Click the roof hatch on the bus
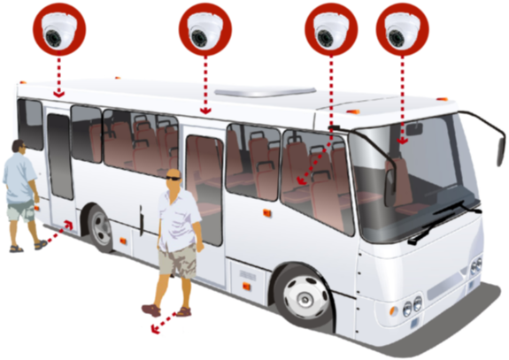(x=266, y=91)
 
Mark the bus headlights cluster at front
(x=413, y=305)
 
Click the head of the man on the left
(x=17, y=146)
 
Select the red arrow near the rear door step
(x=60, y=233)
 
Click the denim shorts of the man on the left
(x=20, y=211)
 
